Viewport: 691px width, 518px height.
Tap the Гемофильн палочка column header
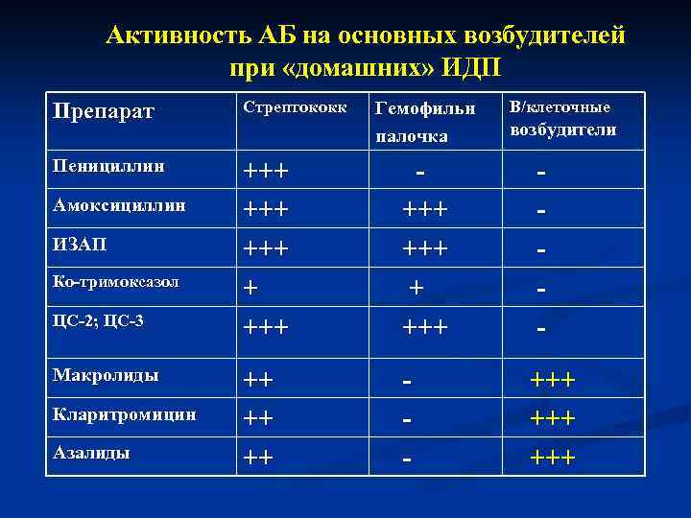(412, 121)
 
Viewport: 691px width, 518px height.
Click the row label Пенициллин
(108, 166)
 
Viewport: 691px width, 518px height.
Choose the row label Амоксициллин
(120, 204)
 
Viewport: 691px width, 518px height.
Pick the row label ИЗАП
(80, 244)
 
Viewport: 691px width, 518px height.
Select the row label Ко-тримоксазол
(117, 283)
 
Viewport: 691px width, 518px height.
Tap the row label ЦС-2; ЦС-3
(99, 320)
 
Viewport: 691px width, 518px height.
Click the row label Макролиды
(107, 375)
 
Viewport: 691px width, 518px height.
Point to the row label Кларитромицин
(125, 415)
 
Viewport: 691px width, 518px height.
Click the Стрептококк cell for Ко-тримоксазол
(250, 288)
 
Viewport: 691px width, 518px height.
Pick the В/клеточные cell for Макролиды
(553, 381)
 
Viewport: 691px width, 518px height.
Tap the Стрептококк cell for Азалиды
(257, 458)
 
